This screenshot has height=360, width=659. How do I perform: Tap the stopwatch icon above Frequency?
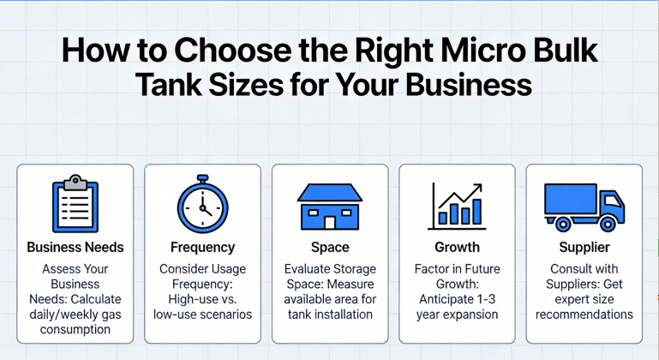point(202,206)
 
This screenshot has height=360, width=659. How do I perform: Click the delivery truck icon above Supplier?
point(584,207)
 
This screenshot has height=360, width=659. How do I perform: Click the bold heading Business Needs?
point(75,247)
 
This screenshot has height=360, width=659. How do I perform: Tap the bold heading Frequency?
point(202,247)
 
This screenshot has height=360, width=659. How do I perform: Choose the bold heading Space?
point(330,247)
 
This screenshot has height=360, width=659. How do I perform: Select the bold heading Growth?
point(457,247)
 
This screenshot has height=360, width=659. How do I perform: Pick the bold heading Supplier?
point(584,247)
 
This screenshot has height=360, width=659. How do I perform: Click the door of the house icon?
point(330,222)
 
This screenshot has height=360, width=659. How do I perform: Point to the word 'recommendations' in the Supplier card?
point(584,315)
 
